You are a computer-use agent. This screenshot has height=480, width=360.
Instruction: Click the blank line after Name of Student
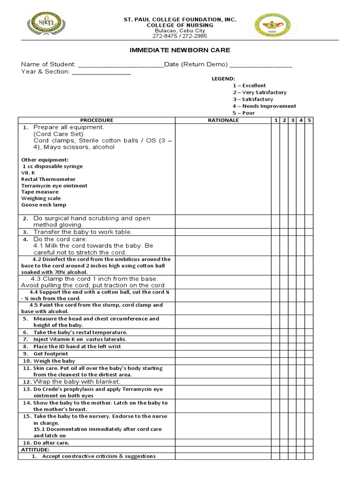120,65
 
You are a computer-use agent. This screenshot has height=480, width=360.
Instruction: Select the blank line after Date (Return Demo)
261,65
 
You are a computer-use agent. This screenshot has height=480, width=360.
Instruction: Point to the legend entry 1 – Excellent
249,85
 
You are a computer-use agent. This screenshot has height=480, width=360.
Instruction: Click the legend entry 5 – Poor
243,113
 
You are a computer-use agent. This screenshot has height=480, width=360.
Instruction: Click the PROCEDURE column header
97,120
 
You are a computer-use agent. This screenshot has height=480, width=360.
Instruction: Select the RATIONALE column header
223,120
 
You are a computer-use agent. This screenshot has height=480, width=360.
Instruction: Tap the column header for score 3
292,120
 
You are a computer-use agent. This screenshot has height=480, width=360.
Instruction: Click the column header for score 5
309,120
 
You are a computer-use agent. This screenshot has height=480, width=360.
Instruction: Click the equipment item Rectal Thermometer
48,179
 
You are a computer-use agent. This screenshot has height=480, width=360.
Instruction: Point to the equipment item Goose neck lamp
44,205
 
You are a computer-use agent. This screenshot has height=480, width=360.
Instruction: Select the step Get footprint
50,353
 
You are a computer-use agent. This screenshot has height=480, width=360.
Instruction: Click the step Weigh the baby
54,361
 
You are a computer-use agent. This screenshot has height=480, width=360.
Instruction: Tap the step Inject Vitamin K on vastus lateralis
80,339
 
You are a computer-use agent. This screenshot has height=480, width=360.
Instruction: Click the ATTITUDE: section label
35,450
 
